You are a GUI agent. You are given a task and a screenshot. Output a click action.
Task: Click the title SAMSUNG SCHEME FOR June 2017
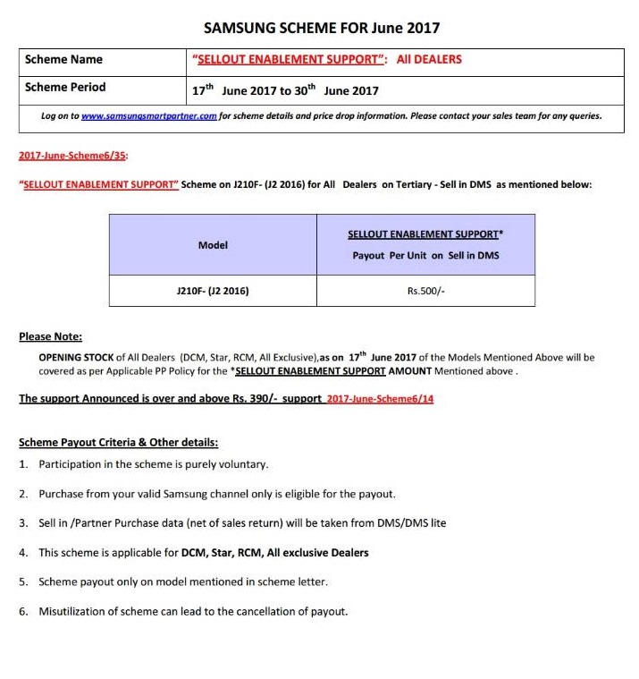322,28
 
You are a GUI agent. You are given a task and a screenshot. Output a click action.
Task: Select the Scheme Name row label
63,60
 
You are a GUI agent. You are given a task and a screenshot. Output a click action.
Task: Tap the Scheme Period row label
65,88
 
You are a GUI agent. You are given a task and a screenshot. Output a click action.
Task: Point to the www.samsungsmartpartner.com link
149,116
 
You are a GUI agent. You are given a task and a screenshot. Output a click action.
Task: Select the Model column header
213,245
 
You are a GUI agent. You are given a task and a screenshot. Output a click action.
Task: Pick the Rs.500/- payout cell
425,291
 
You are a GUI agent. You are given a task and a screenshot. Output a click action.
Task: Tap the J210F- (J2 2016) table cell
213,291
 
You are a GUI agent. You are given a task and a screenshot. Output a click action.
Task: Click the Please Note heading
50,337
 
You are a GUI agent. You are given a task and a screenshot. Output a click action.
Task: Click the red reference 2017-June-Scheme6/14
380,399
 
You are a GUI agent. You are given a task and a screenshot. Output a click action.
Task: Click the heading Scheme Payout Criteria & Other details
118,443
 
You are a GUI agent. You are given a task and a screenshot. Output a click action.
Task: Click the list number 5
23,582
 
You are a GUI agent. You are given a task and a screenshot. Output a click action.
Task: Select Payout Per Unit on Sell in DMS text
425,256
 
